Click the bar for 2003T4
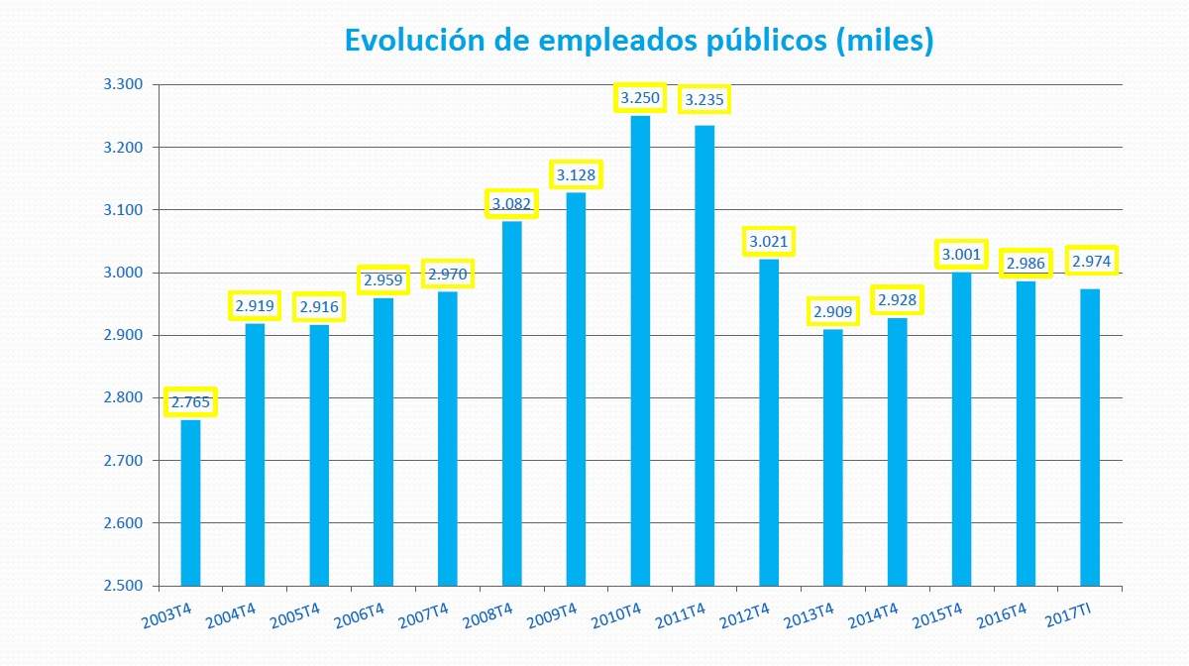[190, 502]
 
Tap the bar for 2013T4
[833, 457]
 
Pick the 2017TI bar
[1090, 436]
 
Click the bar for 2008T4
[511, 402]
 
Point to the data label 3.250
[640, 98]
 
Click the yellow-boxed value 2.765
[190, 402]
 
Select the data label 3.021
[769, 242]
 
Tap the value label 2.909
[833, 312]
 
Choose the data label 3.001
[961, 255]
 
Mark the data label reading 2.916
[319, 307]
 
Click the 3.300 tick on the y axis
[124, 85]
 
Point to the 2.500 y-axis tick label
[124, 586]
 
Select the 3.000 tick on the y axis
[124, 273]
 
